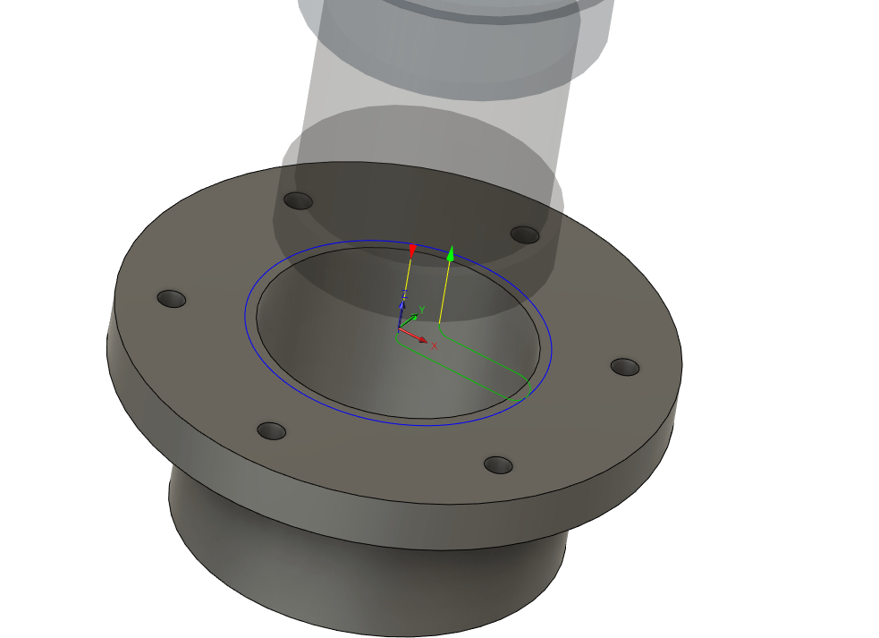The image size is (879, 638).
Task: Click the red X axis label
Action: coord(435,345)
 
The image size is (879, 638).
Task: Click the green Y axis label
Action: coord(421,310)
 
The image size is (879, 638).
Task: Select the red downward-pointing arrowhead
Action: coord(411,250)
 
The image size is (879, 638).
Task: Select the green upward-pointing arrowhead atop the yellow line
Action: coord(451,253)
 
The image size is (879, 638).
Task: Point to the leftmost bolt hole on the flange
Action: coord(171,298)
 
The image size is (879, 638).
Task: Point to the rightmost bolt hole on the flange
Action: coord(625,367)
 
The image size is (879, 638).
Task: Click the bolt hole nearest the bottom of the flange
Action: coord(498,465)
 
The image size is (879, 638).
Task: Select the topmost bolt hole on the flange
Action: coord(298,200)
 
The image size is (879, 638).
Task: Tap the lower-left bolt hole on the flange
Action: coord(272,431)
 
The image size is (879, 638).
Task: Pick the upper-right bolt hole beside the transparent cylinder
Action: coord(525,234)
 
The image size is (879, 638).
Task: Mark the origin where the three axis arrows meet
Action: coord(398,331)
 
